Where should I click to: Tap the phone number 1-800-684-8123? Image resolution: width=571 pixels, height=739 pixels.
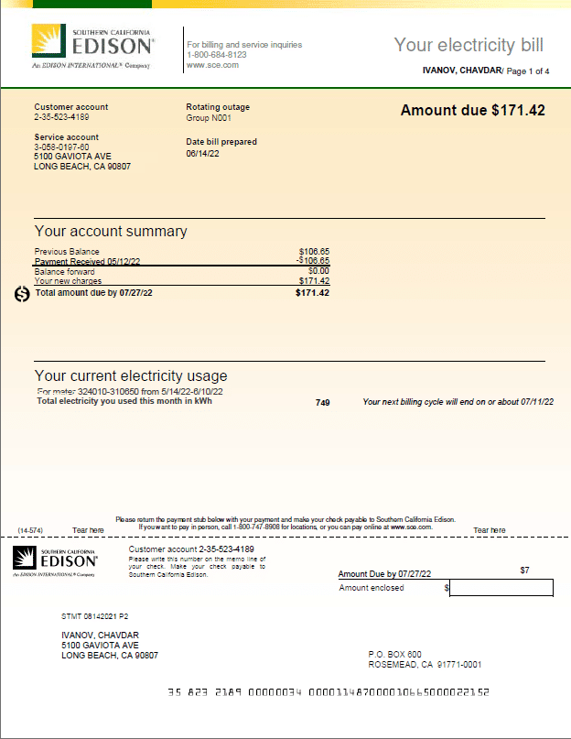[211, 55]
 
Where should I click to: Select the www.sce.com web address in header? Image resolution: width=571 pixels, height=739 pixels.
[213, 65]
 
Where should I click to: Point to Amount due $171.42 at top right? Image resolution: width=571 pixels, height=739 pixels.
[472, 111]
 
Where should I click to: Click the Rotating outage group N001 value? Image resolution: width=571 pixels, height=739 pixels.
[209, 118]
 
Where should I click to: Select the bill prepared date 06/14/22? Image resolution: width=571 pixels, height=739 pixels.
[202, 154]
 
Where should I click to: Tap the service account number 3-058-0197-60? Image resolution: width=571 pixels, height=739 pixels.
[61, 147]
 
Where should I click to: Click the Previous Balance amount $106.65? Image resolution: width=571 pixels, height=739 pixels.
[314, 251]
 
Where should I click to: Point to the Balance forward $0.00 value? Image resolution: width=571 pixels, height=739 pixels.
[318, 271]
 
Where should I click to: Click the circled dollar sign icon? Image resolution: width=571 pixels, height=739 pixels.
[23, 294]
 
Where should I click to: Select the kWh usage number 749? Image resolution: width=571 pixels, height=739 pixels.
[322, 402]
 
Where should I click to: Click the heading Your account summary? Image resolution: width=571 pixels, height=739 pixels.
[111, 232]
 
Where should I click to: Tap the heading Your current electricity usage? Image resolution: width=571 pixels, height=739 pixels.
[131, 375]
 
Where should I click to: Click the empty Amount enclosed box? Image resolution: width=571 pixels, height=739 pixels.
[501, 588]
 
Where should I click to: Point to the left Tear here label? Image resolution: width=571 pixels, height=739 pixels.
[89, 530]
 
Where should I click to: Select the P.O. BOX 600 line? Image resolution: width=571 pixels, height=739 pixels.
[394, 654]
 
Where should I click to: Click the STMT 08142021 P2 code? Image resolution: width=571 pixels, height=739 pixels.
[95, 616]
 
